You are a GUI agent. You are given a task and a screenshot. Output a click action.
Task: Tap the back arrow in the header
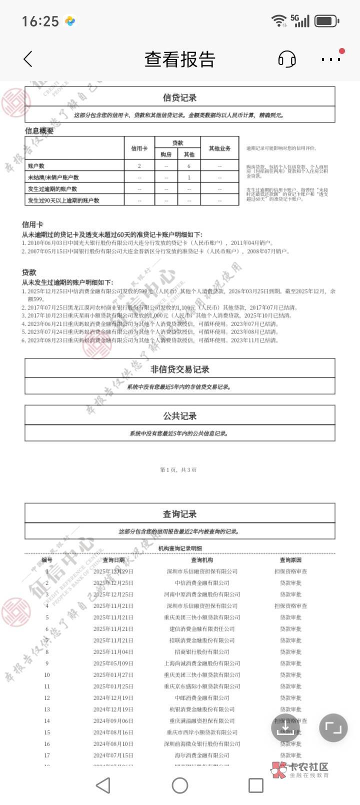pos(28,59)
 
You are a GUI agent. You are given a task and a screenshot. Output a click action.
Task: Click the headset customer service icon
pos(286,59)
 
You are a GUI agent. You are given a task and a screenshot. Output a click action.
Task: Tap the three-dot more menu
pos(331,59)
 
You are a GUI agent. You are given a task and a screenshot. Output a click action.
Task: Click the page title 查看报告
pos(180,59)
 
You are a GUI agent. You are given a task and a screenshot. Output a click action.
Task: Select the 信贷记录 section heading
pos(180,97)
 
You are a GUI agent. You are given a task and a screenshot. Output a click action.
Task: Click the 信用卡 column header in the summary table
pos(139,148)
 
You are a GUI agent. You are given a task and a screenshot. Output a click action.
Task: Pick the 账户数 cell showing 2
pos(139,166)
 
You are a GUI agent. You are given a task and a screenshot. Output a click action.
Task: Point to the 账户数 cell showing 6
pos(189,166)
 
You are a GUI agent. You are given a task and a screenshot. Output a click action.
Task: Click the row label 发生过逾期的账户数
pos(52,189)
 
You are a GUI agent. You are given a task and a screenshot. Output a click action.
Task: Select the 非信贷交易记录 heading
pos(180,369)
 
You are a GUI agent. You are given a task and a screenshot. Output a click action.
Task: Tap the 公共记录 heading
pos(180,416)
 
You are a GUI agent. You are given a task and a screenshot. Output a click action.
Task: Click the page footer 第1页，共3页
pos(178,470)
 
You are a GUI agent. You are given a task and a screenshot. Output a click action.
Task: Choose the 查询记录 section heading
pos(180,514)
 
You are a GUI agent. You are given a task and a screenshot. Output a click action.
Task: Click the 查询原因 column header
pos(290,560)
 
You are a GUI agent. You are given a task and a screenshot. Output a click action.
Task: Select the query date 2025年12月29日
pos(113,571)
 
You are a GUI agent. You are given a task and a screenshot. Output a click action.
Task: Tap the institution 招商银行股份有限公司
pos(202,652)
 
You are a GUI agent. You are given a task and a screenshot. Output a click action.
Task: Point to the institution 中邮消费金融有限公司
pos(202,698)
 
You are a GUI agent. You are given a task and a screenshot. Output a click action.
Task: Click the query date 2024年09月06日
pos(113,721)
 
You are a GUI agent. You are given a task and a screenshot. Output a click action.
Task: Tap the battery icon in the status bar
pos(326,21)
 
